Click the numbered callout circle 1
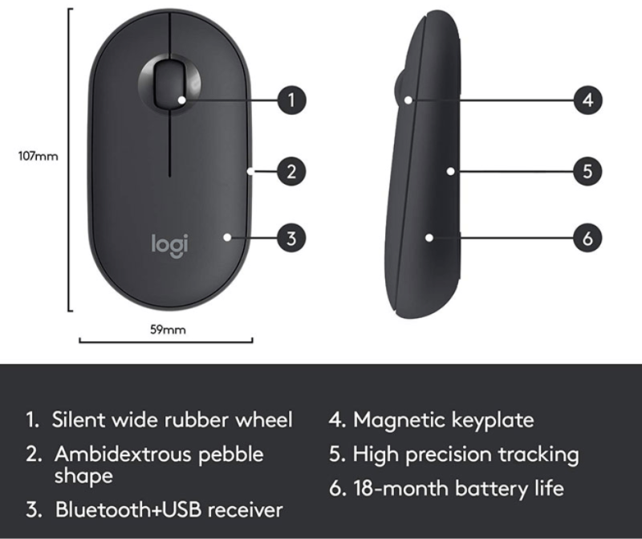(291, 100)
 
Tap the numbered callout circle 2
(291, 171)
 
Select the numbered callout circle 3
(291, 238)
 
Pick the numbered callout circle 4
(587, 100)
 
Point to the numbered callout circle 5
(587, 171)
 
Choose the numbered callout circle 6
(587, 238)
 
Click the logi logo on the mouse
(170, 246)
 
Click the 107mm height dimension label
(38, 156)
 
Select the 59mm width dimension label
(168, 329)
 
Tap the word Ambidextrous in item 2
(124, 454)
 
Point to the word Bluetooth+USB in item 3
(128, 509)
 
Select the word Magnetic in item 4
(399, 421)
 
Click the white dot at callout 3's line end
(227, 237)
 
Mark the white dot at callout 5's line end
(450, 171)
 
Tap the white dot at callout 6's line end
(429, 238)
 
